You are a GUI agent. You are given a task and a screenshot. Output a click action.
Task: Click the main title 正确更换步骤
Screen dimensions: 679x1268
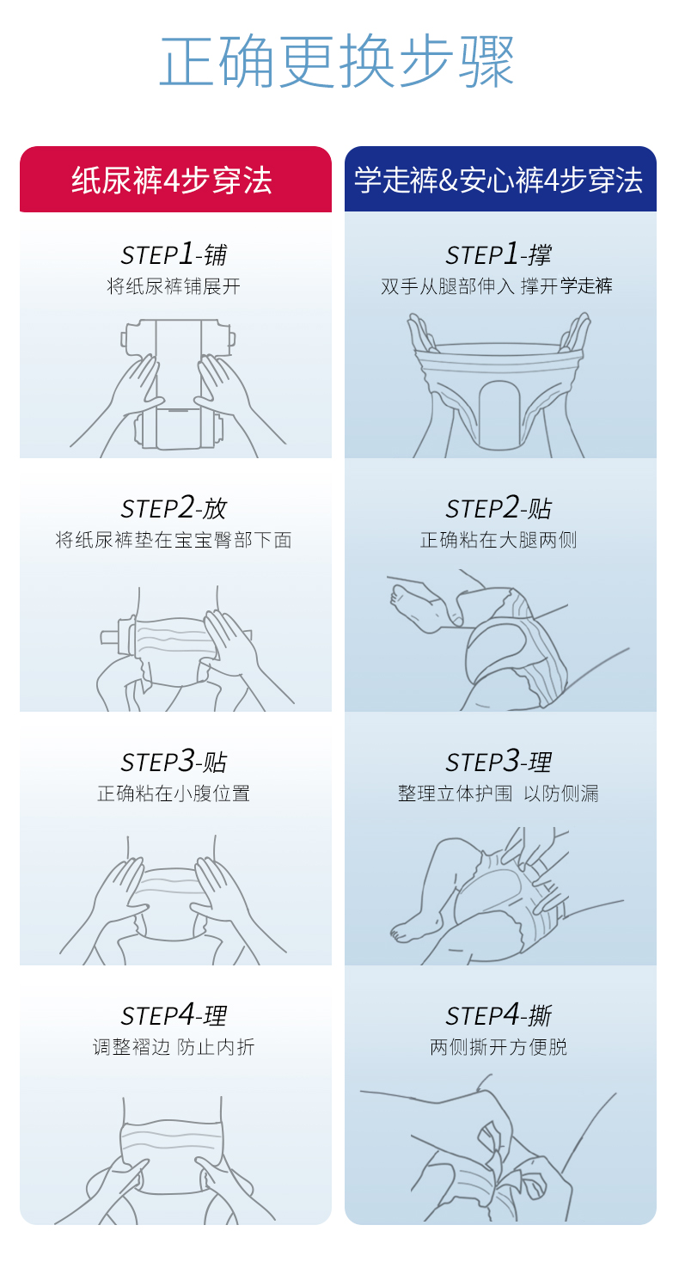337,60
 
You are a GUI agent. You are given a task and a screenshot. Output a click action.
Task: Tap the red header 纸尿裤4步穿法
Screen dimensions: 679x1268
172,181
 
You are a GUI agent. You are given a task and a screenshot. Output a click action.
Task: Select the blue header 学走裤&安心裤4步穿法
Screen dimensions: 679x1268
499,181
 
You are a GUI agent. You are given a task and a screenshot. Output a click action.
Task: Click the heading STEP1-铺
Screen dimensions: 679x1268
174,254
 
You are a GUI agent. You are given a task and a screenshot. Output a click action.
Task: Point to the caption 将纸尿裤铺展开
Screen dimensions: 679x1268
174,286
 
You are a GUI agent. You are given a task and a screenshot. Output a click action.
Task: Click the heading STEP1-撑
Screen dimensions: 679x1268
499,254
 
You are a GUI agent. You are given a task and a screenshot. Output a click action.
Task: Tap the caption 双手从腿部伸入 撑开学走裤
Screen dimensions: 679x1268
497,286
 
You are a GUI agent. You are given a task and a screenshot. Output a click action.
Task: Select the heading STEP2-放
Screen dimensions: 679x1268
174,508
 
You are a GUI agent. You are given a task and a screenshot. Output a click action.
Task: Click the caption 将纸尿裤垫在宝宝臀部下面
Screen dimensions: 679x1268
174,540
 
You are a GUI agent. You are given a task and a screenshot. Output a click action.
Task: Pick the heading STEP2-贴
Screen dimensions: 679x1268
499,508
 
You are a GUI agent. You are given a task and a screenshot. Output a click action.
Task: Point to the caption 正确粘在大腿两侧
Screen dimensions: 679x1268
499,540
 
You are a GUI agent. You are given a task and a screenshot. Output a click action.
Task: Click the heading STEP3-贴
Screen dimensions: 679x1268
174,762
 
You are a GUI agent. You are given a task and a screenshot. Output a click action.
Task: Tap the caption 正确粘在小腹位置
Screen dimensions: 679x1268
174,793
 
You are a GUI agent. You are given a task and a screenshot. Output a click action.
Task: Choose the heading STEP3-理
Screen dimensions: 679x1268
499,762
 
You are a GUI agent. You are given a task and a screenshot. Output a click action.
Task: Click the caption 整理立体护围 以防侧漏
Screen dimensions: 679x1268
499,793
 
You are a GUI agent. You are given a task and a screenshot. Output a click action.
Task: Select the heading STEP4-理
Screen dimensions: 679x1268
174,1015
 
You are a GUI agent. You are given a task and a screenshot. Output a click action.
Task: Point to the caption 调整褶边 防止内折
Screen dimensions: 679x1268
174,1047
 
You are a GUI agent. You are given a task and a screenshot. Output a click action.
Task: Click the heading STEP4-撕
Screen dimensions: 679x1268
499,1015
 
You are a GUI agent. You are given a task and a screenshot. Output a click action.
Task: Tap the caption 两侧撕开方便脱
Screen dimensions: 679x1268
499,1047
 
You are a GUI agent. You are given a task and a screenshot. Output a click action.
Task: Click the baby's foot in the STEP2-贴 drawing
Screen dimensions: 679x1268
418,608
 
